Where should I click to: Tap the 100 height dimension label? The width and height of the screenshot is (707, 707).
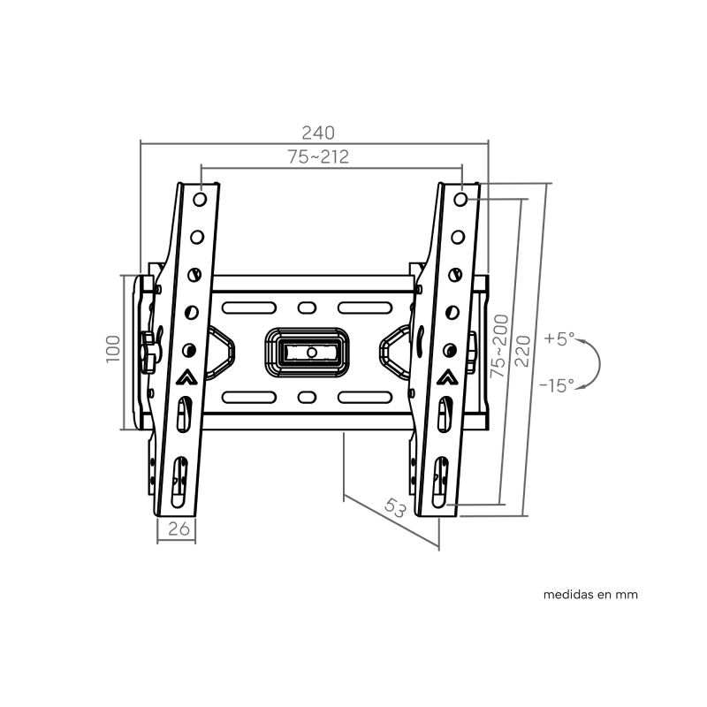click(x=112, y=351)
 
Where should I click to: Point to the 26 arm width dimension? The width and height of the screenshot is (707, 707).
click(x=178, y=530)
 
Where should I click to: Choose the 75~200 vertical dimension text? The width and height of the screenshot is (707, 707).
click(x=501, y=346)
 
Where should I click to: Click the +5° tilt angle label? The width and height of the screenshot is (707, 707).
click(x=559, y=338)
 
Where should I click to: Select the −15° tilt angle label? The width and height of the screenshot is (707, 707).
click(x=557, y=384)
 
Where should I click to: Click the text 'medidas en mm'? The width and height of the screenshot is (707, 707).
click(x=590, y=595)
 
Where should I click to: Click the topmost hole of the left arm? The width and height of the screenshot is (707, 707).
click(x=201, y=199)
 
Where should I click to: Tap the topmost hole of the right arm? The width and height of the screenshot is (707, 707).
click(x=462, y=199)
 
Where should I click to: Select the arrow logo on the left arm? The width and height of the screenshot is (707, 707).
click(x=187, y=376)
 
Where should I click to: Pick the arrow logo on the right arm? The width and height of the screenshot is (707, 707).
click(x=448, y=376)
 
